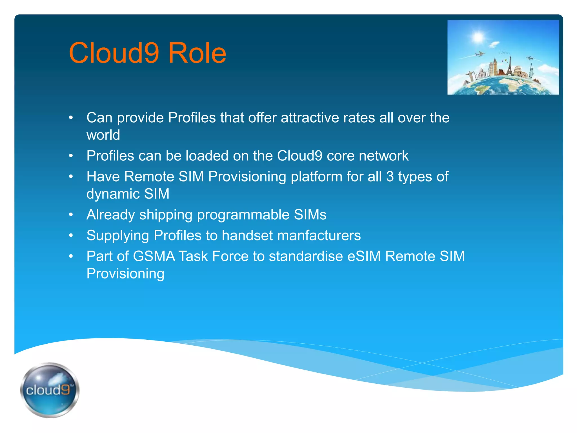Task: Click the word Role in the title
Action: click(x=197, y=53)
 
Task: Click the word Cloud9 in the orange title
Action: click(x=114, y=53)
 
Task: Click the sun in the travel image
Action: click(x=478, y=37)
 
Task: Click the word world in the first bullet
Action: click(x=103, y=135)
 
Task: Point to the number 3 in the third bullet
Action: click(x=390, y=177)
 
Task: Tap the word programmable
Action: click(x=243, y=215)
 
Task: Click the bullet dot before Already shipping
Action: click(x=71, y=215)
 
